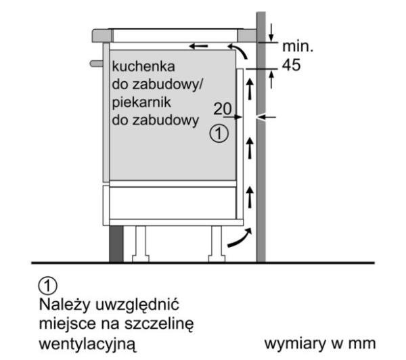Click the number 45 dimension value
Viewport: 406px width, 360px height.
291,65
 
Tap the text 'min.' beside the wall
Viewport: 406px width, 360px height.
298,47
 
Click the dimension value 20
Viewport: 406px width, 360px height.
223,109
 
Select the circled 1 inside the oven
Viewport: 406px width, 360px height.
219,133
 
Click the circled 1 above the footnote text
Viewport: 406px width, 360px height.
48,286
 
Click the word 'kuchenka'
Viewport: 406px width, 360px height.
143,66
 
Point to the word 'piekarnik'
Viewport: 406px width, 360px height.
141,103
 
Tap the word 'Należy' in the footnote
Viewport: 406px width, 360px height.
64,305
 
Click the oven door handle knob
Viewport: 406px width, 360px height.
96,64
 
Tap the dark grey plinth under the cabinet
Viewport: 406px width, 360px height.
116,244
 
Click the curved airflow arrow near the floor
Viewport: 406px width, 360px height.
240,240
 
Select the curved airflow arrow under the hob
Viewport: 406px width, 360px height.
239,50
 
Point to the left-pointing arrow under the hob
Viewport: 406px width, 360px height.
198,47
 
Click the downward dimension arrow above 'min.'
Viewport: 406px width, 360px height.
271,32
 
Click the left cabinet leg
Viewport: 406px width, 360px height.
141,244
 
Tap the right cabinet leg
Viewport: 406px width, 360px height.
217,244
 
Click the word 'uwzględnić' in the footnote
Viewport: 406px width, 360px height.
137,305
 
